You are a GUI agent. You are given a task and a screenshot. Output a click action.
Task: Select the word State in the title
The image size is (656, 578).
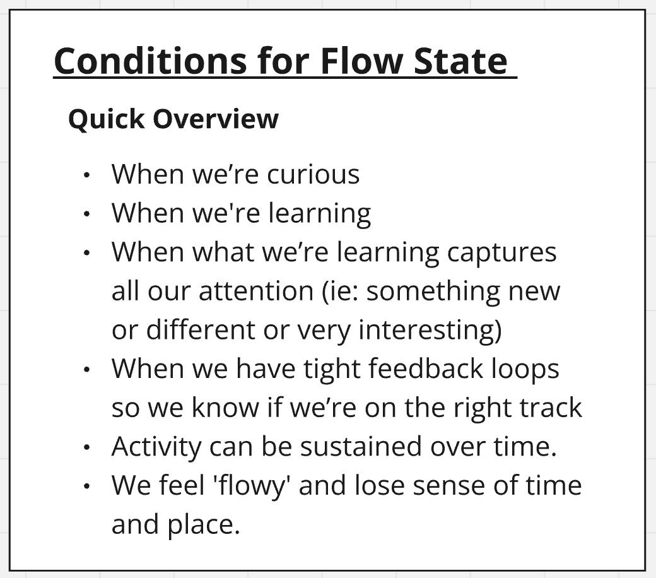click(460, 61)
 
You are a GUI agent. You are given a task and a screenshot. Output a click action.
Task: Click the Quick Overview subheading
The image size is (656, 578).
click(173, 119)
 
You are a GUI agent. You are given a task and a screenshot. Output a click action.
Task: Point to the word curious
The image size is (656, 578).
click(313, 174)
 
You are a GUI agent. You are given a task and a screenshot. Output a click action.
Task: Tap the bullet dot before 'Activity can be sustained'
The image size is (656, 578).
click(86, 447)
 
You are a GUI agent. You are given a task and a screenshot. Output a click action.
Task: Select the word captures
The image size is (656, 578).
click(501, 253)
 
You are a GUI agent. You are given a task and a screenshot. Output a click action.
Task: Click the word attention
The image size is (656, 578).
click(256, 291)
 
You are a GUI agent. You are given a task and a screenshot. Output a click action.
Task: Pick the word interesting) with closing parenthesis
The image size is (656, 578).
click(430, 331)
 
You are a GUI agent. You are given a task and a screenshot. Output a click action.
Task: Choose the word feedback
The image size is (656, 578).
click(426, 369)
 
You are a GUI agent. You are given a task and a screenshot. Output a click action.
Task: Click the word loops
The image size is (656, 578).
click(525, 370)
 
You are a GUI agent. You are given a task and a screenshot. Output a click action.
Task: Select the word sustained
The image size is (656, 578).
click(361, 447)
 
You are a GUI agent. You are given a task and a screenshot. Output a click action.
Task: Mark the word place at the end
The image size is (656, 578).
click(204, 525)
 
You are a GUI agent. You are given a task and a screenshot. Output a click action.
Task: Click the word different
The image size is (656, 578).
click(201, 330)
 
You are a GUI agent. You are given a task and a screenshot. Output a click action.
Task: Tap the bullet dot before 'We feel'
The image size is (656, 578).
click(86, 487)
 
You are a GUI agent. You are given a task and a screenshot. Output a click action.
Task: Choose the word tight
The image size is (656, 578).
click(330, 370)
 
